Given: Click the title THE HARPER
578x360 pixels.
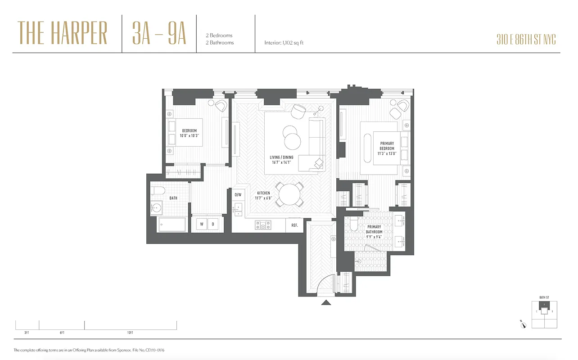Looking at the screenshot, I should [x=63, y=33].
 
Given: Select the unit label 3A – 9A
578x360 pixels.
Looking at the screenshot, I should [x=159, y=33].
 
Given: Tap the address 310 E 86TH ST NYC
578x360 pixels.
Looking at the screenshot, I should [x=526, y=40].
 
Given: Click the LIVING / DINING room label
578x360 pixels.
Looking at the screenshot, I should [x=281, y=160].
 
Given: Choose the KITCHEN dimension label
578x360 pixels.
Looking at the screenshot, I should [x=263, y=195].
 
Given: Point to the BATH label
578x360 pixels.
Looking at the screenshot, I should [x=173, y=198].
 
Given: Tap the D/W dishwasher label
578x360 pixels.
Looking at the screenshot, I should [x=238, y=195].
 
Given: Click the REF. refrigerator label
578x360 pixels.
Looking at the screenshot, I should [x=295, y=225].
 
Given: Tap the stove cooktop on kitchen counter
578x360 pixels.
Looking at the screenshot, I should [x=262, y=225].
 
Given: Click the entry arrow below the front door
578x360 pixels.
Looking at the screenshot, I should [x=325, y=303].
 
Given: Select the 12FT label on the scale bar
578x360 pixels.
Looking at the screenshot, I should [x=130, y=333].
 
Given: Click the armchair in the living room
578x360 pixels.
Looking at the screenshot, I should [x=298, y=111].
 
